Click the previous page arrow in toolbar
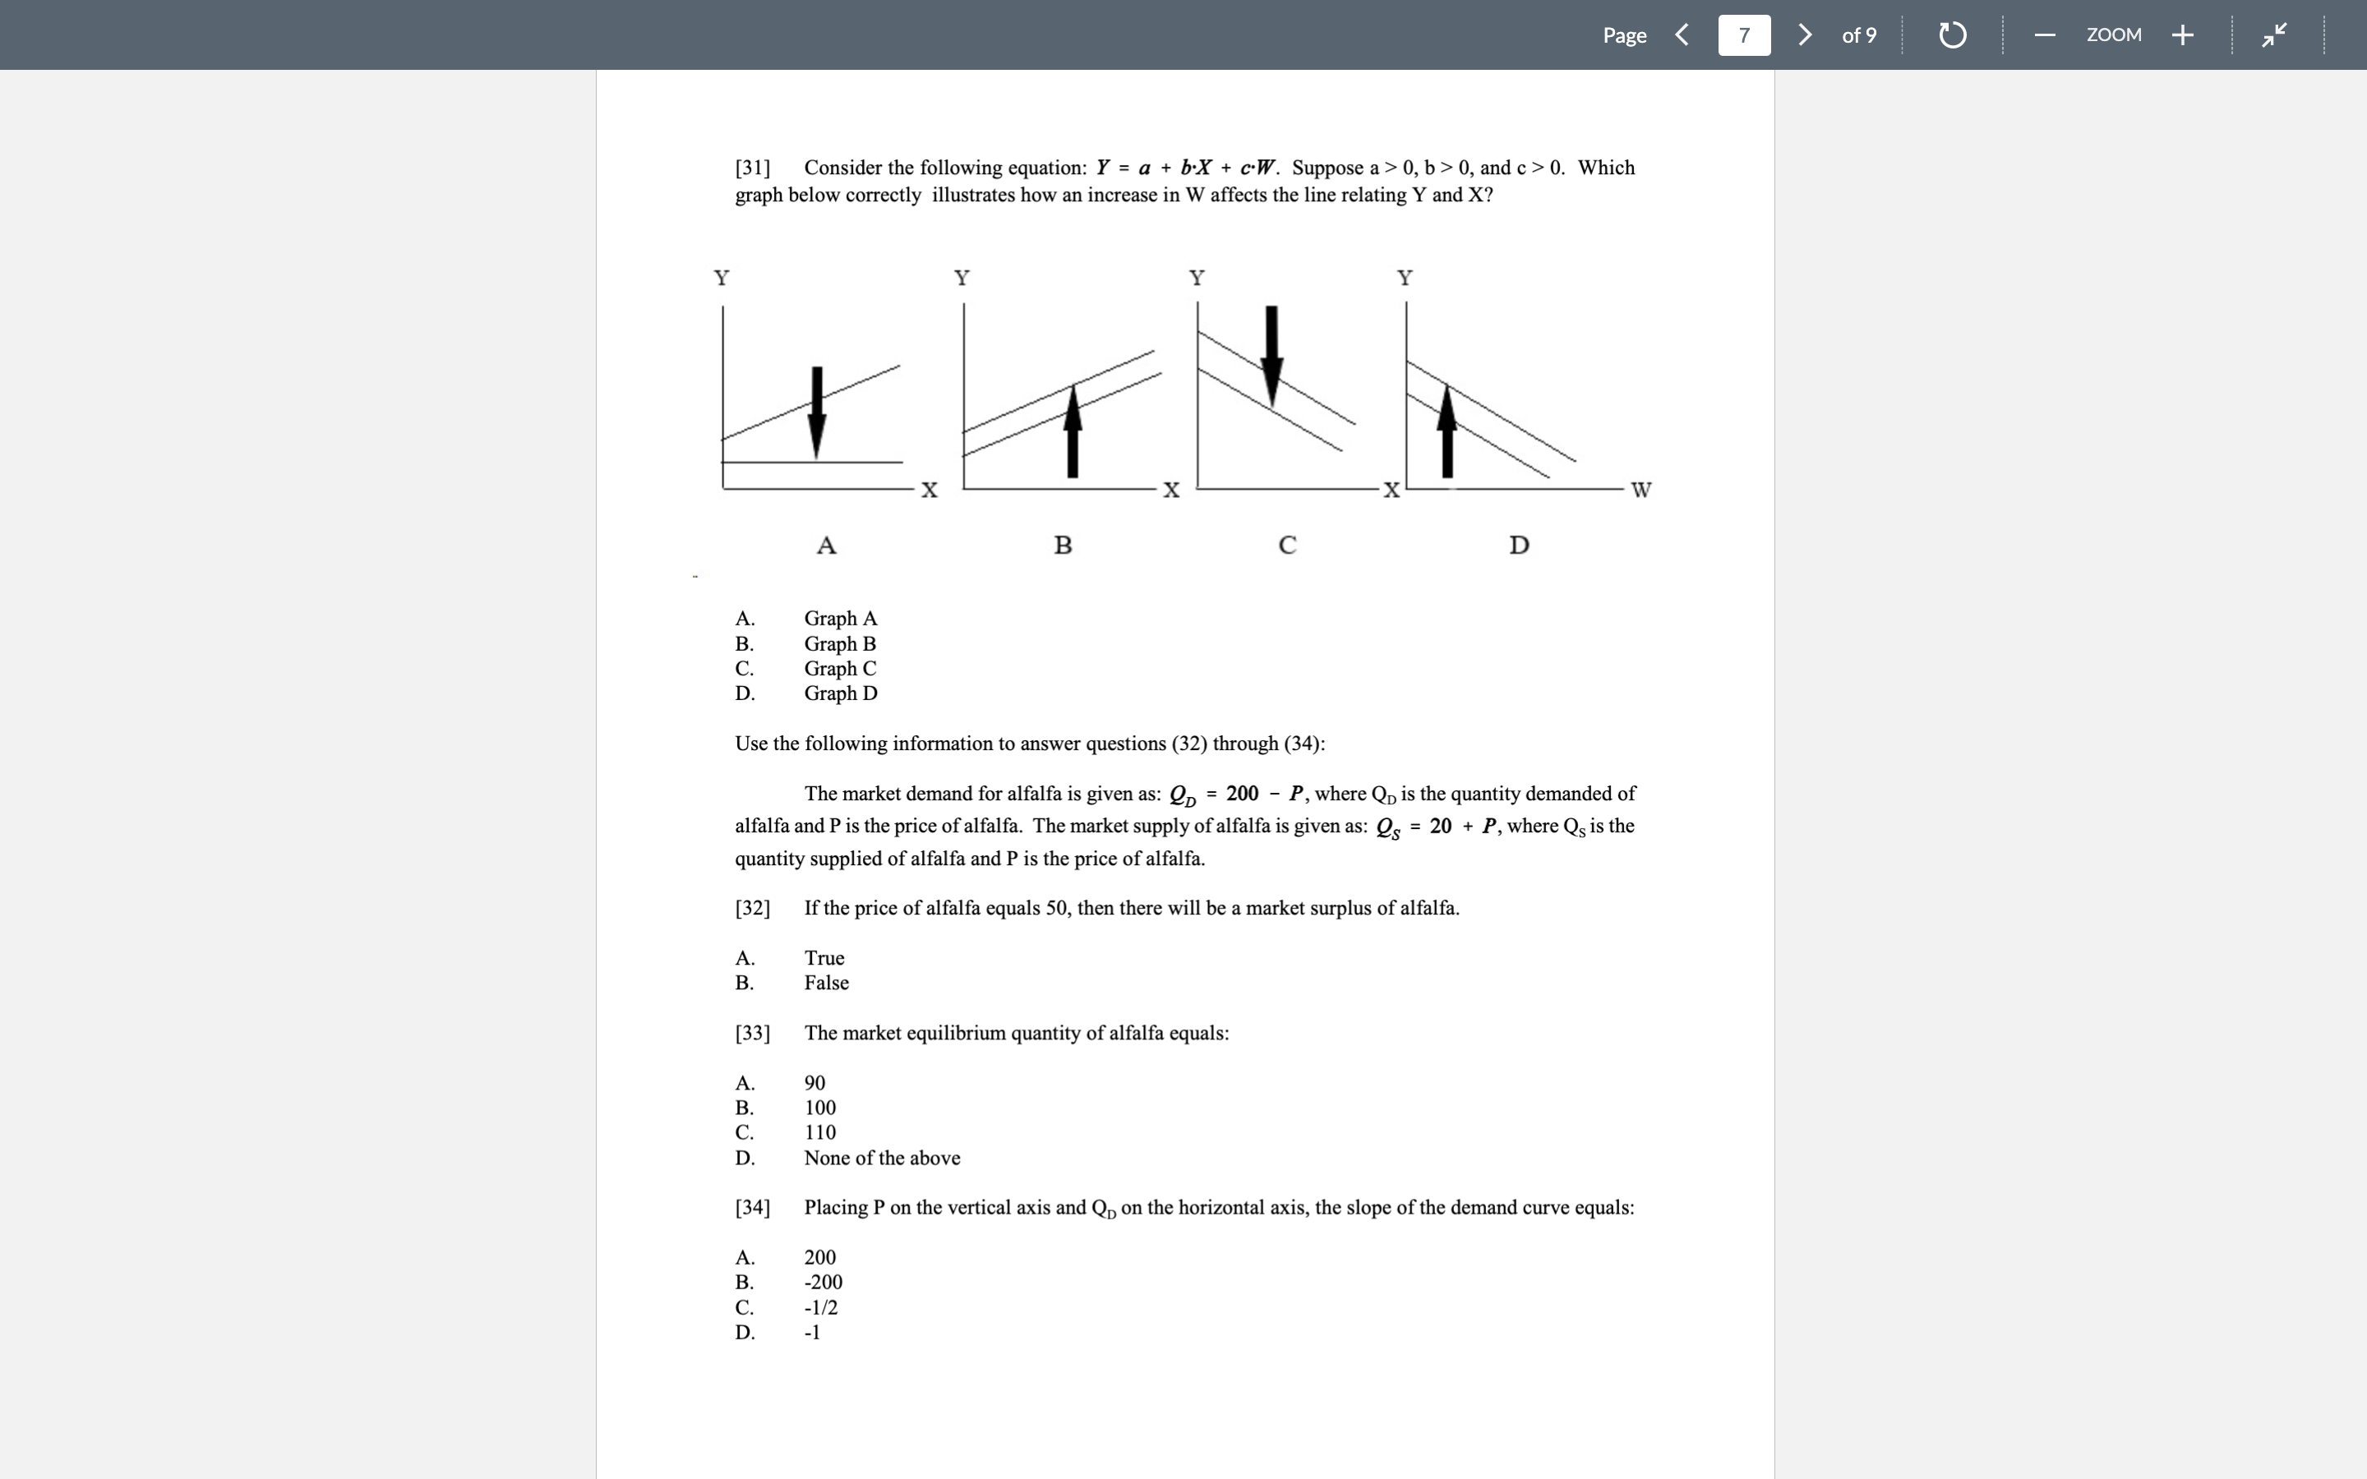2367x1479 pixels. click(1682, 35)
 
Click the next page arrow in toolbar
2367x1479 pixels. click(1805, 35)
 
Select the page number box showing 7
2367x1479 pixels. click(1744, 35)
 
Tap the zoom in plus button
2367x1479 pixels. click(2182, 35)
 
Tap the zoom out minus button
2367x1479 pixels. click(2044, 35)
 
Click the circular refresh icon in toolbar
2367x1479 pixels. click(1952, 35)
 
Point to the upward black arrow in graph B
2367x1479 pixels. click(1073, 431)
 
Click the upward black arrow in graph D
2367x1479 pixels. click(1447, 431)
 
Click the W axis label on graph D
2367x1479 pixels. click(1641, 489)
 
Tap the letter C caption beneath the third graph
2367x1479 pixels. click(1287, 545)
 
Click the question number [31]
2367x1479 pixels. click(752, 168)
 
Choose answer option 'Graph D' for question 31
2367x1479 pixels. click(840, 693)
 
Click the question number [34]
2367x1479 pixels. click(752, 1208)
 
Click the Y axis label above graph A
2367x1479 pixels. click(722, 278)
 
